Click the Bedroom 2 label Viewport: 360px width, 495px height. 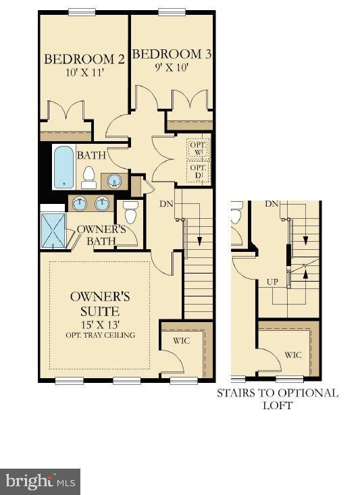pos(84,59)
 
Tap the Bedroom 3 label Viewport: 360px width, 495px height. pos(172,54)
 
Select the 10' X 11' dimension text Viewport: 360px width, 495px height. pos(85,73)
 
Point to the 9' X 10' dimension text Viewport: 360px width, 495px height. pos(172,68)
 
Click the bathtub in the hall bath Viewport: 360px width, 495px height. pos(63,167)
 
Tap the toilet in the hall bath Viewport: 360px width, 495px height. pos(88,178)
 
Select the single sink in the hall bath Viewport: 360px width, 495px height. pos(114,181)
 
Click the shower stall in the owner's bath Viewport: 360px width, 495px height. pos(53,230)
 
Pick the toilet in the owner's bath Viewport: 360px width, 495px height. pos(131,212)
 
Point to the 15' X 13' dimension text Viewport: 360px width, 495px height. pos(100,324)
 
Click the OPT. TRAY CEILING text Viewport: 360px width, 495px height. pos(101,335)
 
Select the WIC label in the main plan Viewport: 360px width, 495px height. pos(182,340)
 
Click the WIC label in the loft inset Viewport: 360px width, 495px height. pos(293,355)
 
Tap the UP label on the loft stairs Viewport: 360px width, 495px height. pos(272,282)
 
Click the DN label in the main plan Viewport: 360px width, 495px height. pos(166,204)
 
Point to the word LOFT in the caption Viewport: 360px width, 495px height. pos(278,405)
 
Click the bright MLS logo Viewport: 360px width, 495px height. pos(40,481)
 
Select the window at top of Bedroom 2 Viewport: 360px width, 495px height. pos(82,12)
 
